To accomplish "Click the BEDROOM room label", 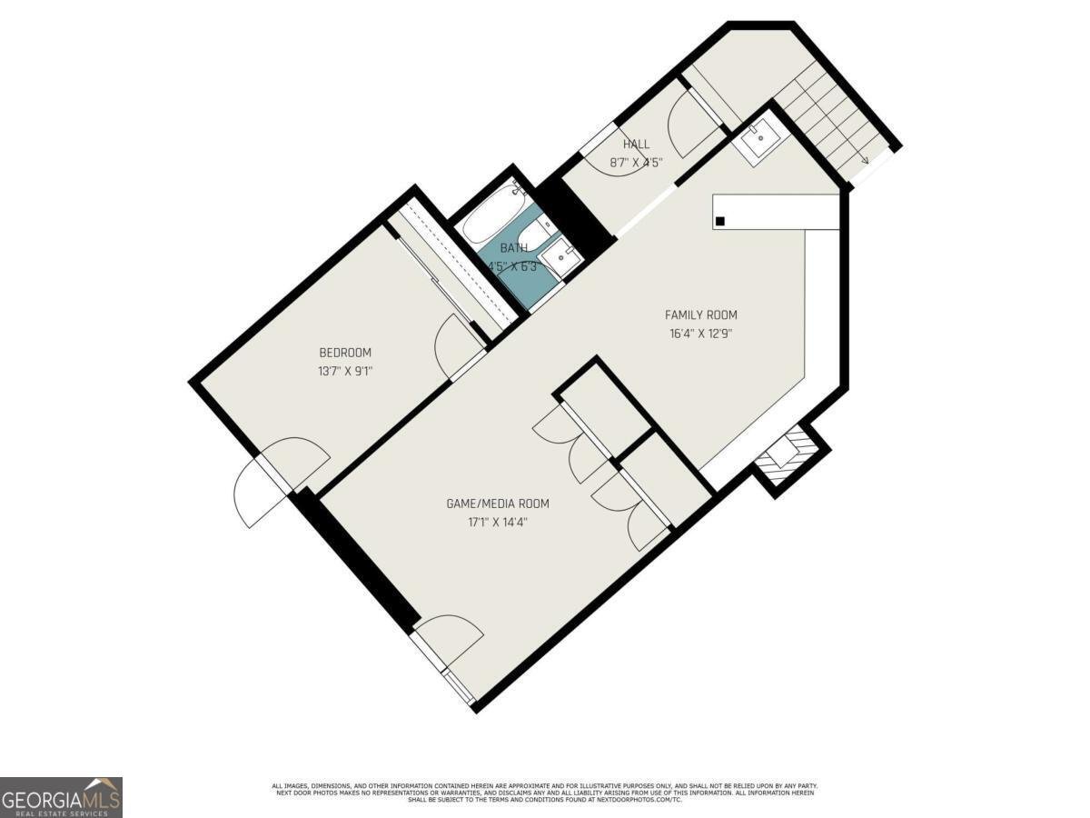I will (x=344, y=353).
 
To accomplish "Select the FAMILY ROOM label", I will (x=700, y=315).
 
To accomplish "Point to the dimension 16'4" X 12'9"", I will (x=700, y=333).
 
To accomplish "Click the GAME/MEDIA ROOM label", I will (x=497, y=504).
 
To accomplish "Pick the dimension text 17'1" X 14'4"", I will (x=497, y=522).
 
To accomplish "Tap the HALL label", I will (x=636, y=145).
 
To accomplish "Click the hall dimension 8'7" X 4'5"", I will (x=636, y=163).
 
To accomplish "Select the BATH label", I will (x=514, y=248).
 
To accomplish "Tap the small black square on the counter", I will (x=720, y=221).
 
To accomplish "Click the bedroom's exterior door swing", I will (x=272, y=482).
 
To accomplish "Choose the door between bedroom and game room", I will (x=460, y=345).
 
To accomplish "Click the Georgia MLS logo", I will (x=61, y=797).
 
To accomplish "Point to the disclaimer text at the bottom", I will (x=545, y=792).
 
